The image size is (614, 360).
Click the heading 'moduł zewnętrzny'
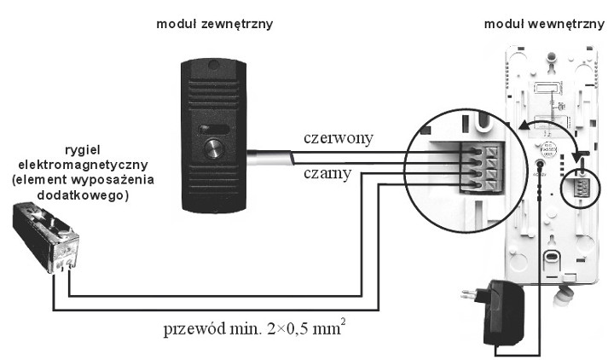pyautogui.click(x=214, y=24)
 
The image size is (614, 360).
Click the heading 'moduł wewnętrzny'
pyautogui.click(x=544, y=24)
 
